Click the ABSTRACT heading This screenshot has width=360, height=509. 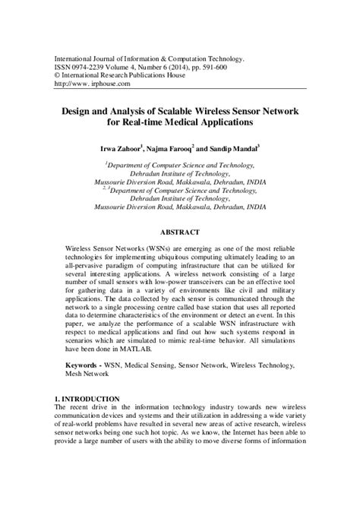click(180, 232)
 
